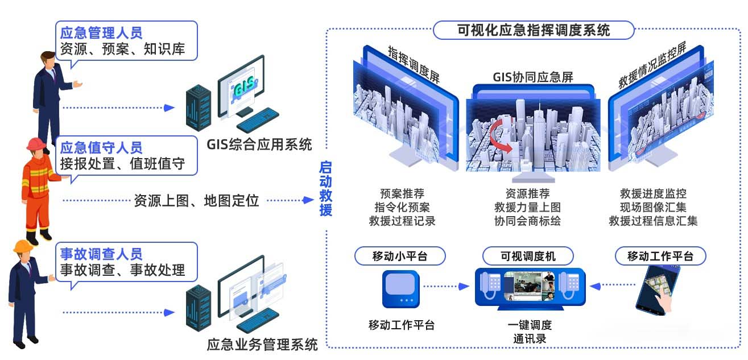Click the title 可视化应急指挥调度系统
534,30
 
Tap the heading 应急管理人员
101,33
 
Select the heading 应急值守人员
101,148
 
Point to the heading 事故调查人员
101,254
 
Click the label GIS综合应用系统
259,144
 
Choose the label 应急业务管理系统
262,345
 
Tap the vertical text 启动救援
325,189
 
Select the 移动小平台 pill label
400,256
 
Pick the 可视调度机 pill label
528,256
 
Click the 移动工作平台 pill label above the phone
660,256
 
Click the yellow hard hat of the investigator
23,246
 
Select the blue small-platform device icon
400,289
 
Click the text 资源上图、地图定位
196,201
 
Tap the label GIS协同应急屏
533,77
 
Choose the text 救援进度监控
653,193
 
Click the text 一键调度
530,325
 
